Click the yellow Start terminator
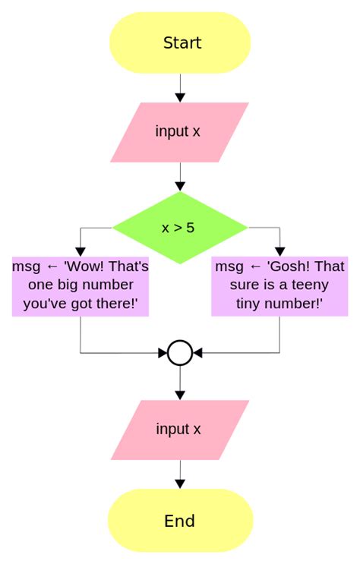pyautogui.click(x=180, y=43)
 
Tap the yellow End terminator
pyautogui.click(x=180, y=521)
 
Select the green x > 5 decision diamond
pyautogui.click(x=180, y=227)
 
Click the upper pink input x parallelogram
pyautogui.click(x=180, y=132)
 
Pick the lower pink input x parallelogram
pyautogui.click(x=180, y=430)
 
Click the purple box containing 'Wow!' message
pyautogui.click(x=80, y=286)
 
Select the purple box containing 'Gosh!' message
pyautogui.click(x=279, y=286)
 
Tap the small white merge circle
pyautogui.click(x=180, y=353)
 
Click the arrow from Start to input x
pyautogui.click(x=180, y=89)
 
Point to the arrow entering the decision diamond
pyautogui.click(x=180, y=178)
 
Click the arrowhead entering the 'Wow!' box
pyautogui.click(x=80, y=251)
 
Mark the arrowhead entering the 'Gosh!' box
pyautogui.click(x=279, y=251)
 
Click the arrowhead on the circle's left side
pyautogui.click(x=163, y=353)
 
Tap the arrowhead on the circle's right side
pyautogui.click(x=197, y=353)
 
